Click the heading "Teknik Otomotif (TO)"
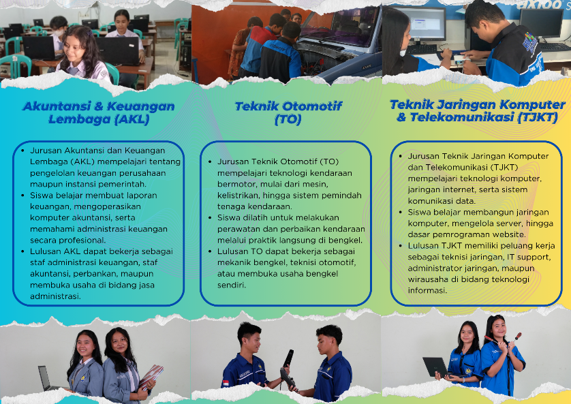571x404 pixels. point(288,113)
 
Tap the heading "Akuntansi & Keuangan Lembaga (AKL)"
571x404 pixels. point(99,112)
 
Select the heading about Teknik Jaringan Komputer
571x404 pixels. point(478,110)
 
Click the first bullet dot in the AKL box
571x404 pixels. point(23,151)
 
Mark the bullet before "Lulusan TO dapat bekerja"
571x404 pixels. point(210,251)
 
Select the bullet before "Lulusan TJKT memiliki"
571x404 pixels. point(401,246)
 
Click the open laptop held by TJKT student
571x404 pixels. point(435,367)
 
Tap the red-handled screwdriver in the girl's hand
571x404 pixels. point(516,337)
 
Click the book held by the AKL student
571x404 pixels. point(151,376)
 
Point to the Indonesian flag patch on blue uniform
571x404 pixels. point(226,384)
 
